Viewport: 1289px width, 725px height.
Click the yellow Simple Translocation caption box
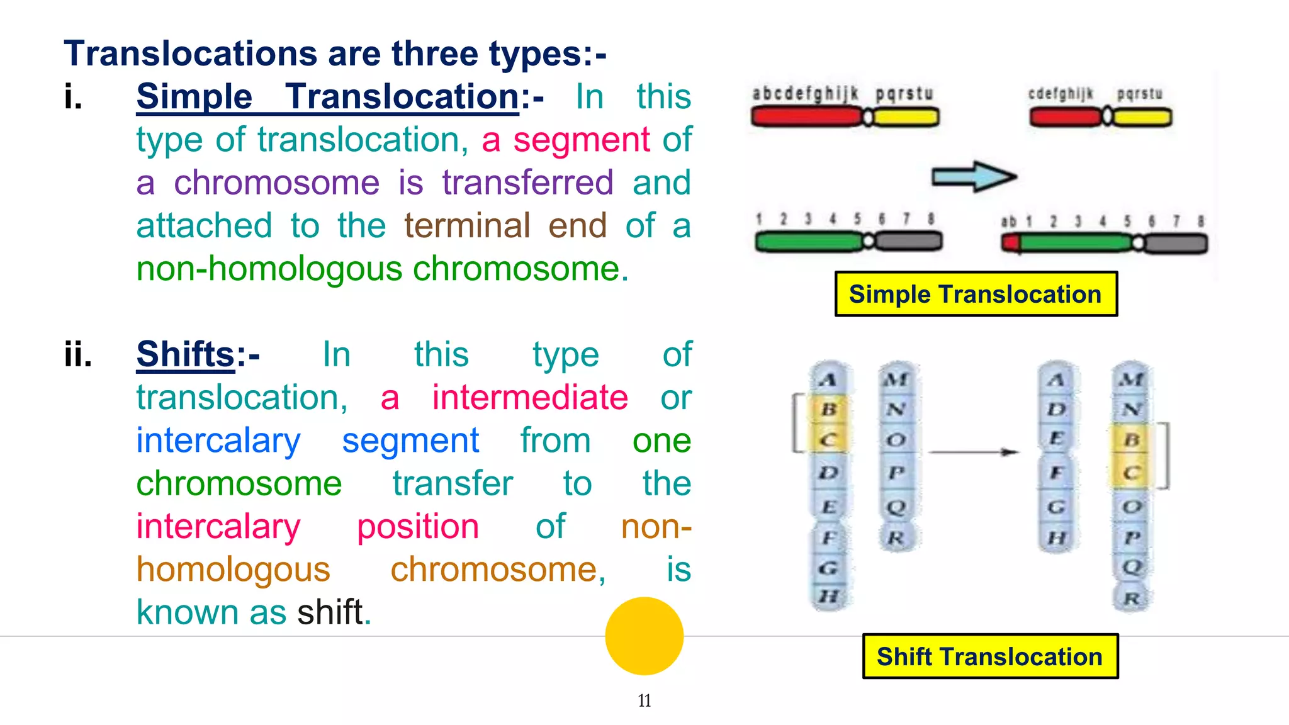click(x=976, y=295)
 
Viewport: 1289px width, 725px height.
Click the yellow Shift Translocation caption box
click(x=989, y=656)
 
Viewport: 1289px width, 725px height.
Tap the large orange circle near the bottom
click(x=644, y=636)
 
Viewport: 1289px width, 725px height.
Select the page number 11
click(x=644, y=700)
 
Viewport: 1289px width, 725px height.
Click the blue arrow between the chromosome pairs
click(x=974, y=177)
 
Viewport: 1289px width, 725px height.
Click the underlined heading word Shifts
click(x=186, y=354)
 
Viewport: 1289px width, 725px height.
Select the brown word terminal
click(x=467, y=225)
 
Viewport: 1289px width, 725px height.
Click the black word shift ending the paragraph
click(x=330, y=612)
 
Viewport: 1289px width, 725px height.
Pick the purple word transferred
click(x=527, y=183)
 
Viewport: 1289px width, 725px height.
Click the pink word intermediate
click(x=530, y=398)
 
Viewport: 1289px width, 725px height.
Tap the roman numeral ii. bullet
click(x=78, y=354)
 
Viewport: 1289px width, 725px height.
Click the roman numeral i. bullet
click(x=74, y=97)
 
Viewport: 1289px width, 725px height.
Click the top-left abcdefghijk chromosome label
click(x=805, y=94)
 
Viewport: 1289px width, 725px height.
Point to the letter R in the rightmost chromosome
click(x=1132, y=598)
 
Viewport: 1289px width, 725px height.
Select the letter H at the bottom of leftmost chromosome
click(x=829, y=595)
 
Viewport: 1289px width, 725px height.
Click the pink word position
click(x=418, y=527)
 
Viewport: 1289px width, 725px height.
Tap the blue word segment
click(x=410, y=441)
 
